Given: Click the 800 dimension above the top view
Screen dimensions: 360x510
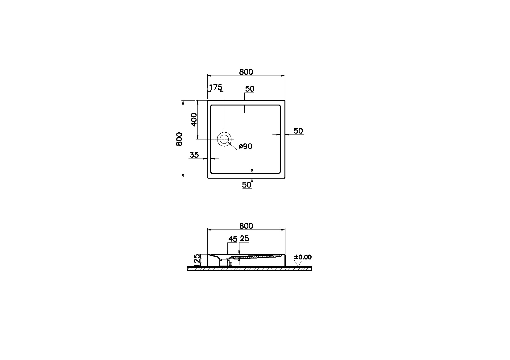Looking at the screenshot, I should coord(246,72).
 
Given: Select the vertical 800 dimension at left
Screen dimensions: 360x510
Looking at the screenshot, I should coord(179,139).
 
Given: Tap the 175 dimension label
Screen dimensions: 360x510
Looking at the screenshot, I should coord(215,88).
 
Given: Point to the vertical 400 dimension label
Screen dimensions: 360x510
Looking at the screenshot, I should coord(194,119).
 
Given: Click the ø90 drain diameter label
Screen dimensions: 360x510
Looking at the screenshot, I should coord(245,147).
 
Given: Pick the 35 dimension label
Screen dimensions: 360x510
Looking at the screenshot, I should coord(194,155).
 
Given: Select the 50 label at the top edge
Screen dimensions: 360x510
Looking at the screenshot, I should coord(250,89).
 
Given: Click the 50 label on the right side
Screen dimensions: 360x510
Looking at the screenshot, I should coord(298,131).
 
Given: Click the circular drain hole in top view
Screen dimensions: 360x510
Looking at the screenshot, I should coord(224,139).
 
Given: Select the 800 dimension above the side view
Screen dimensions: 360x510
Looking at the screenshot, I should coord(246,226).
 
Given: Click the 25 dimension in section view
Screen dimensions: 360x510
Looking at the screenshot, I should coord(244,239).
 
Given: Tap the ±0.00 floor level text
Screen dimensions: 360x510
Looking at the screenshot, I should coord(303,257).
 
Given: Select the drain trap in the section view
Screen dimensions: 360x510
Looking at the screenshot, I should coord(224,263).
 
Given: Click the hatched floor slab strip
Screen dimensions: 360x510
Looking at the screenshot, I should coord(249,269).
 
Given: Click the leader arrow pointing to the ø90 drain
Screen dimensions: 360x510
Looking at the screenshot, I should coord(230,144).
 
